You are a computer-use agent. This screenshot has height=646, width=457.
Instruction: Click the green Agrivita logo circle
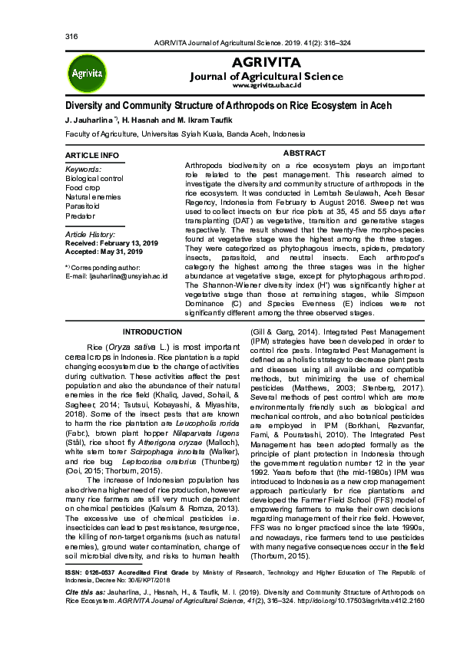[87, 74]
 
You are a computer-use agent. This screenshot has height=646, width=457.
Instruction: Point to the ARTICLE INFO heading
[92, 156]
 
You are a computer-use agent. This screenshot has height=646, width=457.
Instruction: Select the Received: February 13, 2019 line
[112, 242]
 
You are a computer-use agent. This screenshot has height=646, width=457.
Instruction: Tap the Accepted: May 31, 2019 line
[104, 252]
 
